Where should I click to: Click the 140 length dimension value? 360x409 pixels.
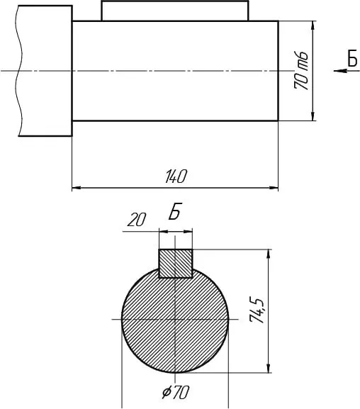[x=176, y=177]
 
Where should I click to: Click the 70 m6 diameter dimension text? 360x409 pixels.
[x=301, y=71]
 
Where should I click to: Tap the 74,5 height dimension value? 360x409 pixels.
[x=257, y=310]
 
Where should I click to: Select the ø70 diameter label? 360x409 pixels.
[x=175, y=392]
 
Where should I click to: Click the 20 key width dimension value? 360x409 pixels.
[x=137, y=220]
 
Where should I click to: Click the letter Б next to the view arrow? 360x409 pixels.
[x=352, y=58]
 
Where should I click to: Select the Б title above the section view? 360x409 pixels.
[x=174, y=211]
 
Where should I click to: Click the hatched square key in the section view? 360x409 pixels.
[x=176, y=264]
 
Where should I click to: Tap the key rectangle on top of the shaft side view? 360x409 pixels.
[x=175, y=11]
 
